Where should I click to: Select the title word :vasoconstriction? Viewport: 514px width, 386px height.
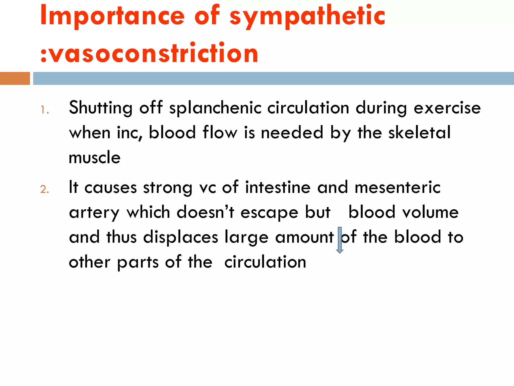(149, 53)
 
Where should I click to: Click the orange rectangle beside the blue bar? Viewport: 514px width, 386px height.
(15, 78)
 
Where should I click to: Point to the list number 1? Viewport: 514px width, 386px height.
(44, 110)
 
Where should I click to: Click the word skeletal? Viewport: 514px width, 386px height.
(419, 133)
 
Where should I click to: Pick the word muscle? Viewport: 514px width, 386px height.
(95, 158)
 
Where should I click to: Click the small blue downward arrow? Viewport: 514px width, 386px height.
(340, 240)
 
